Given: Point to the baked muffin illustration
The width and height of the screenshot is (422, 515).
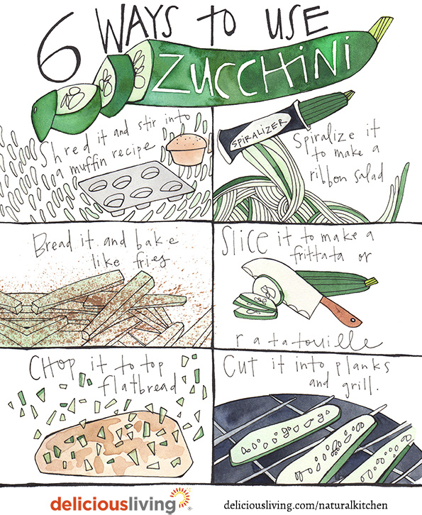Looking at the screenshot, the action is [187, 150].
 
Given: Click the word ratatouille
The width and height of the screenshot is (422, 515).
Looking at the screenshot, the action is [308, 340].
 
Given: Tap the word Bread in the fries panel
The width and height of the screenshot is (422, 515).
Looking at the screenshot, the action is [52, 245].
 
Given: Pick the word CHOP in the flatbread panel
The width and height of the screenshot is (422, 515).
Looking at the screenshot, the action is [52, 367].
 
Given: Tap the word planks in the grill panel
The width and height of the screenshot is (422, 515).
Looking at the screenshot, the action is [362, 368].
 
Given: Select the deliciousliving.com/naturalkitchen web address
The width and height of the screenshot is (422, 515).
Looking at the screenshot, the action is [306, 504].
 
